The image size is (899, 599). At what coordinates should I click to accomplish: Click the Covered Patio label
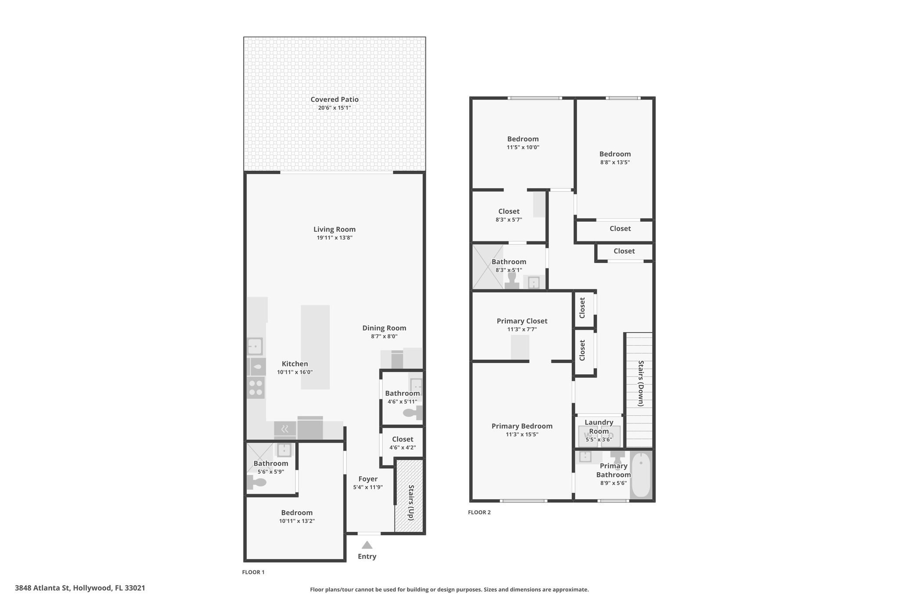pyautogui.click(x=334, y=100)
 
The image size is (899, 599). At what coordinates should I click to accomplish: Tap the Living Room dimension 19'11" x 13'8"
pyautogui.click(x=334, y=238)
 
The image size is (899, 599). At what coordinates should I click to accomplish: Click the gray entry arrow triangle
pyautogui.click(x=367, y=545)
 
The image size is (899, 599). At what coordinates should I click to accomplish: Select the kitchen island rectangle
pyautogui.click(x=315, y=347)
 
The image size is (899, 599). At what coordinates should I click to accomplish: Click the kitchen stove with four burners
pyautogui.click(x=255, y=387)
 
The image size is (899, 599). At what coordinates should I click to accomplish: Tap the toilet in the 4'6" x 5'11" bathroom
pyautogui.click(x=413, y=413)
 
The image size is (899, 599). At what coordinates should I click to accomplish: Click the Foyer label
pyautogui.click(x=368, y=479)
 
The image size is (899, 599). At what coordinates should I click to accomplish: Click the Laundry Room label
pyautogui.click(x=599, y=427)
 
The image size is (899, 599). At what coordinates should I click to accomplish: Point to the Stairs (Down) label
pyautogui.click(x=641, y=384)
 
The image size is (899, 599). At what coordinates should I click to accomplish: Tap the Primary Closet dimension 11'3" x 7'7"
pyautogui.click(x=522, y=330)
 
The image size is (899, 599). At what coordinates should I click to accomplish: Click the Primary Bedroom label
pyautogui.click(x=522, y=426)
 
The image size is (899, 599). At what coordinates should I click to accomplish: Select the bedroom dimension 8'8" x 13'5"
pyautogui.click(x=615, y=162)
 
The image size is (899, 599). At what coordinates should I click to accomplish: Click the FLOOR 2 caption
pyautogui.click(x=479, y=512)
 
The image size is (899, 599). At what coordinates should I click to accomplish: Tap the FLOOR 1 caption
pyautogui.click(x=253, y=572)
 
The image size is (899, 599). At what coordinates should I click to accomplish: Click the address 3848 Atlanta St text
pyautogui.click(x=43, y=588)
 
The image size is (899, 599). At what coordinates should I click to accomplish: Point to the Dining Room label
pyautogui.click(x=384, y=328)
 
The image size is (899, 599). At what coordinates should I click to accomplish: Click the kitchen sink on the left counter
pyautogui.click(x=255, y=346)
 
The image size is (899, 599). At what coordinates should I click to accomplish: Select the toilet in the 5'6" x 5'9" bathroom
pyautogui.click(x=257, y=483)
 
